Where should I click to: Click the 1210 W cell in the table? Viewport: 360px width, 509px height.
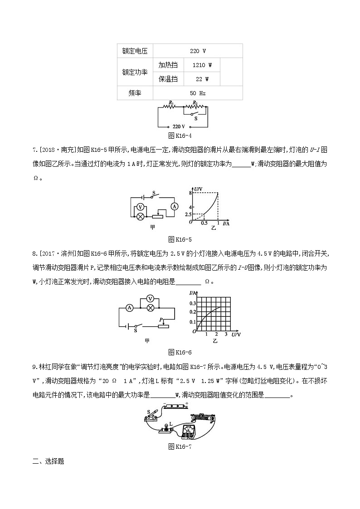[202, 65]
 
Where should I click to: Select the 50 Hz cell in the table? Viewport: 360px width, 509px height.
[198, 93]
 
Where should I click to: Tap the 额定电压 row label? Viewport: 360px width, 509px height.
[135, 51]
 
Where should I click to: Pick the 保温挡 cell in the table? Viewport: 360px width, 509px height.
[168, 79]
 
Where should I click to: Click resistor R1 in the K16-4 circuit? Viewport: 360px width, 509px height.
[171, 107]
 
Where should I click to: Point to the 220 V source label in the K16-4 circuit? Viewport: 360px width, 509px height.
[179, 126]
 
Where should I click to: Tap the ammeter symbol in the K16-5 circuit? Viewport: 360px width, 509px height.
[174, 206]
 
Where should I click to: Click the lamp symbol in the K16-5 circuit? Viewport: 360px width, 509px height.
[141, 216]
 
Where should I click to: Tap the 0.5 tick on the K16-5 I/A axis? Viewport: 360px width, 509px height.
[204, 224]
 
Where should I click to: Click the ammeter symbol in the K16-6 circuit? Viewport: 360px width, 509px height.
[129, 307]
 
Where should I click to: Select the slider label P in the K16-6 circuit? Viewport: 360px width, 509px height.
[160, 320]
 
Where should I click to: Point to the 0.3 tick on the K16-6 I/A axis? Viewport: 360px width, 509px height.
[193, 303]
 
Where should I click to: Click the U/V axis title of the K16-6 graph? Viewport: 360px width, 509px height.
[236, 334]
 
